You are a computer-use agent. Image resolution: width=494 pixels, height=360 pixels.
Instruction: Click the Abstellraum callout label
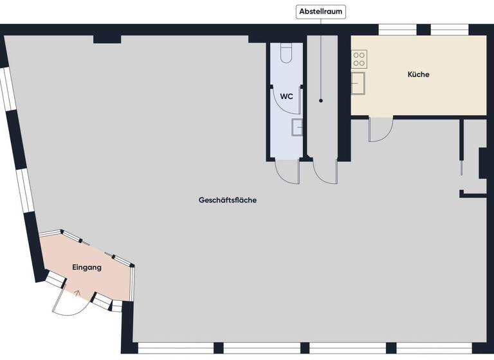(321, 11)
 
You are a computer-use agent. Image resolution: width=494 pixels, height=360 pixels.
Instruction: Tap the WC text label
(287, 96)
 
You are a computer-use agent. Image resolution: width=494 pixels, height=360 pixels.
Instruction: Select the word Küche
(418, 75)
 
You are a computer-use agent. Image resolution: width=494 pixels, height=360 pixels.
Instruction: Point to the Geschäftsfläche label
(228, 201)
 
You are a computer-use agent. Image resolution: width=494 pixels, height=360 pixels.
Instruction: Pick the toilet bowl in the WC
(287, 53)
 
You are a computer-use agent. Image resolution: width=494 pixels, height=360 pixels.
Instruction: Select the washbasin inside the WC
(297, 127)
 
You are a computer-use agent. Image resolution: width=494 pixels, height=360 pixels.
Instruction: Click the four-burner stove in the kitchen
(359, 60)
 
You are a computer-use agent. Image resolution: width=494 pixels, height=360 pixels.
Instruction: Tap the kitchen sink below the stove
(358, 84)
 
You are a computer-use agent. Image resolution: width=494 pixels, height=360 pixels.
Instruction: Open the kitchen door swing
(380, 130)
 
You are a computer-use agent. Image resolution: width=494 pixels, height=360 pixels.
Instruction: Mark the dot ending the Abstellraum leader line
(321, 100)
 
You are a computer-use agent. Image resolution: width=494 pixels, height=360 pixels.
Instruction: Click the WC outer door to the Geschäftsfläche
(287, 171)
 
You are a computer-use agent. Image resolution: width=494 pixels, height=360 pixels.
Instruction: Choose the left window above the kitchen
(397, 29)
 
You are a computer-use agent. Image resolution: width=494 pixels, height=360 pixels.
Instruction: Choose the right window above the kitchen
(449, 29)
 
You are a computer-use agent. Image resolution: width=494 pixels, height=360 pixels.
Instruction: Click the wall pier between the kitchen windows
(423, 29)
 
